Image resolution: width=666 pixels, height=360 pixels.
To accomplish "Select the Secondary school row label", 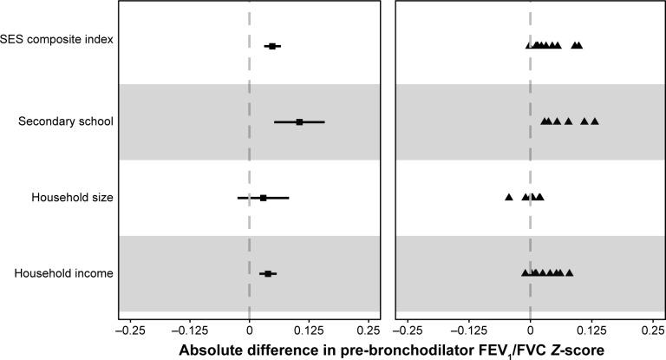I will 65,121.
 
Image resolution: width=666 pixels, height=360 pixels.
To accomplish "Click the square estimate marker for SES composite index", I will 272,46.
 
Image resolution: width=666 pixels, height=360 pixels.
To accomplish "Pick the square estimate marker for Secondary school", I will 299,122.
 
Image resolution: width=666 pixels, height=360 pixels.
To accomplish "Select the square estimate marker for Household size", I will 264,198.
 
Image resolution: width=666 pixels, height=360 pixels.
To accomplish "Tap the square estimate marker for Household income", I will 268,274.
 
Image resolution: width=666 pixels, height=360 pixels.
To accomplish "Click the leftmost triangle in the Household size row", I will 509,198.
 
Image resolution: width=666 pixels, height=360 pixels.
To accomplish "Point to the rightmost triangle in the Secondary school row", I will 595,121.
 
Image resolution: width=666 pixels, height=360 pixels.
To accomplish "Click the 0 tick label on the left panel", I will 250,330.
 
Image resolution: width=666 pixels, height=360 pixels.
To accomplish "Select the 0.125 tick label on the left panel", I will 309,330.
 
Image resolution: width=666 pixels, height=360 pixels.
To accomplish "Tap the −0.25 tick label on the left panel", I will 129,330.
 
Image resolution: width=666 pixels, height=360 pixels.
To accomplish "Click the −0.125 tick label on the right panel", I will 469,330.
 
